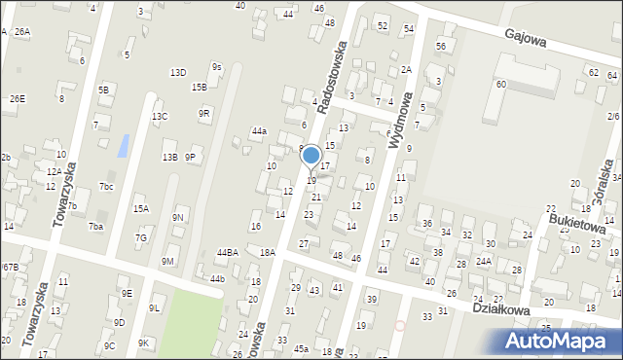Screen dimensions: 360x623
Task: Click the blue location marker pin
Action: (x=311, y=157)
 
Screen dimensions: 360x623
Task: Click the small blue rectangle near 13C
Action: (x=122, y=146)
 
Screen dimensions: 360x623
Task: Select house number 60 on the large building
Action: (x=500, y=85)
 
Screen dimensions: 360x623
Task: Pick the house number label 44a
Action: (x=258, y=130)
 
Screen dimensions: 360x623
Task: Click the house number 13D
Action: (x=177, y=72)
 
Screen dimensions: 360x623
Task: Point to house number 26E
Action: (x=18, y=98)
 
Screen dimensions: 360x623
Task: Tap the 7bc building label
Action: (x=106, y=186)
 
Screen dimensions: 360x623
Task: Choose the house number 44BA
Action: (x=227, y=252)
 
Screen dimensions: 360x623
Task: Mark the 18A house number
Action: (x=268, y=252)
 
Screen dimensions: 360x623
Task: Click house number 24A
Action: (x=483, y=261)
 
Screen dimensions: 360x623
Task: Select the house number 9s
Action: (x=217, y=67)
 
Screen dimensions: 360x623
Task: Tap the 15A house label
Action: (x=141, y=208)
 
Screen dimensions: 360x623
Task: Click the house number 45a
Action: (x=302, y=348)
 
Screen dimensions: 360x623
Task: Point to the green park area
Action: (x=190, y=326)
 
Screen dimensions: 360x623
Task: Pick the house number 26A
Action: (x=21, y=32)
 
